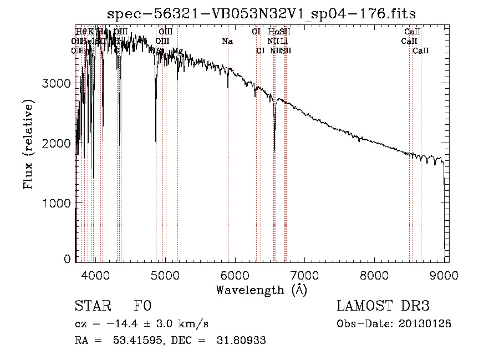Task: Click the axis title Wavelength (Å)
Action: tap(261, 290)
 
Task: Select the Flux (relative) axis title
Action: tap(28, 144)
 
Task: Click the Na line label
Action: tap(227, 41)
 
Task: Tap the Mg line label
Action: tap(177, 51)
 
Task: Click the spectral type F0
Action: tap(142, 307)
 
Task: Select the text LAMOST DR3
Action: tap(383, 306)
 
